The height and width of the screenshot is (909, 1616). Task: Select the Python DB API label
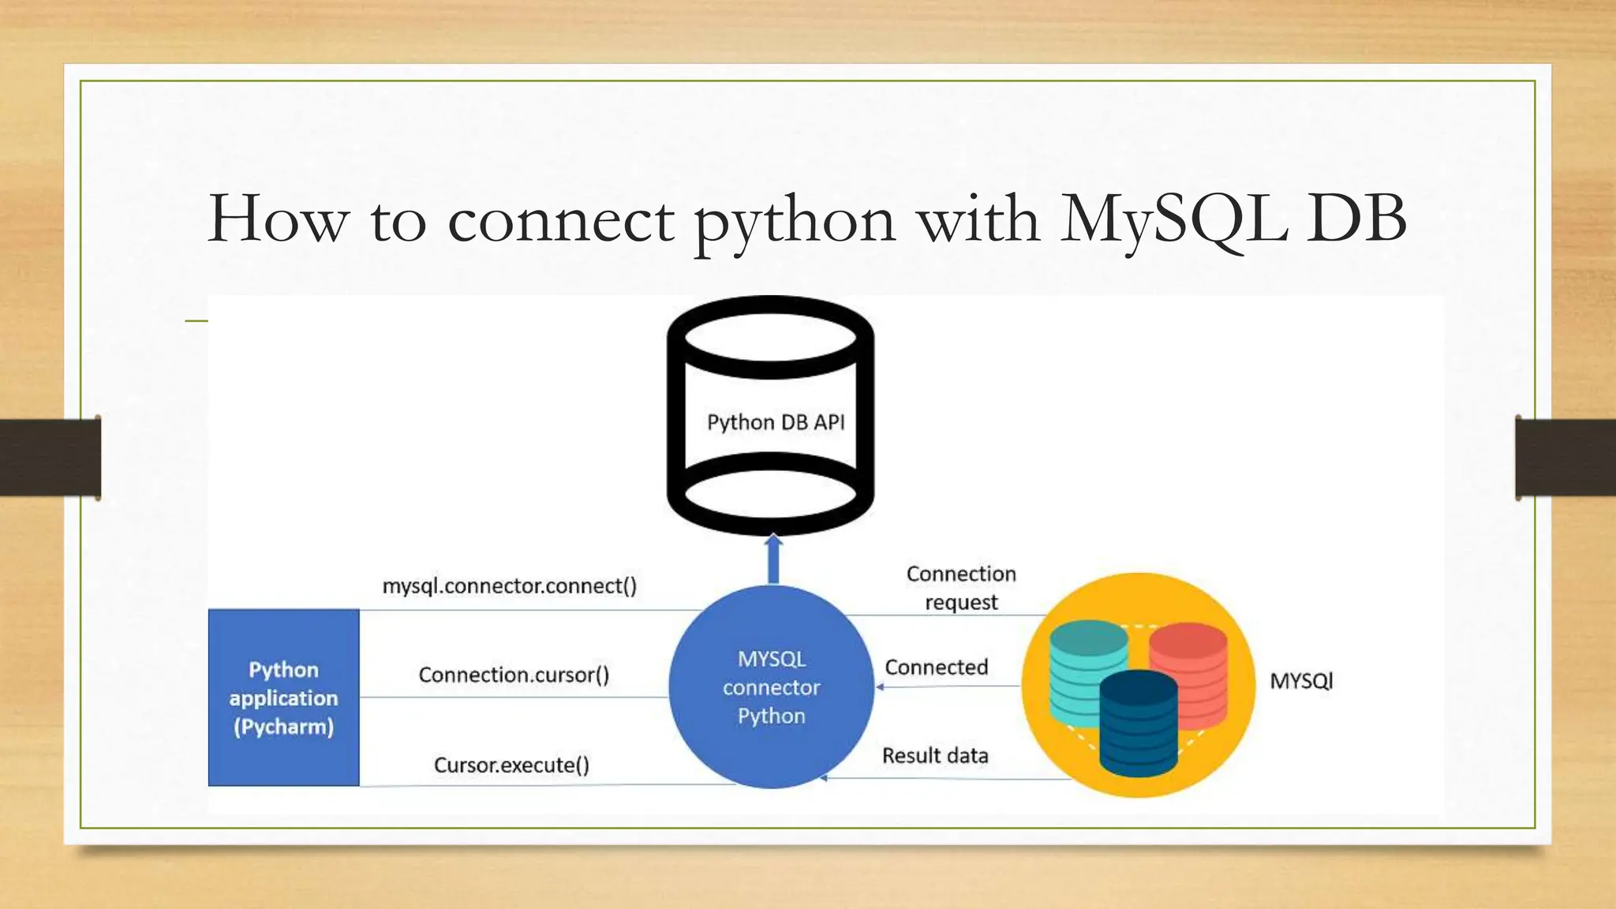tap(776, 422)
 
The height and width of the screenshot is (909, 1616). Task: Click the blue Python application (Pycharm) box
tap(283, 698)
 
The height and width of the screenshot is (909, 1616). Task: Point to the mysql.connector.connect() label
tap(510, 586)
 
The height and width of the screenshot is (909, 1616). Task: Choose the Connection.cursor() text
tap(514, 675)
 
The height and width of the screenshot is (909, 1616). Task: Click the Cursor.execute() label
tap(511, 765)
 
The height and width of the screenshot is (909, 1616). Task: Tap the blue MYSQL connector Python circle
tap(771, 687)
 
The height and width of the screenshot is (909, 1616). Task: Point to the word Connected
tap(936, 668)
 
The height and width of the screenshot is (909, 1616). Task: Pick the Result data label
tap(935, 755)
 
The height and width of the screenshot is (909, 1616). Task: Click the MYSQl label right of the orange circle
tap(1301, 681)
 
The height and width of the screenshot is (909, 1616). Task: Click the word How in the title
tap(278, 219)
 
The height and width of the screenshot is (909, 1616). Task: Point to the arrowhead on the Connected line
tap(880, 687)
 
